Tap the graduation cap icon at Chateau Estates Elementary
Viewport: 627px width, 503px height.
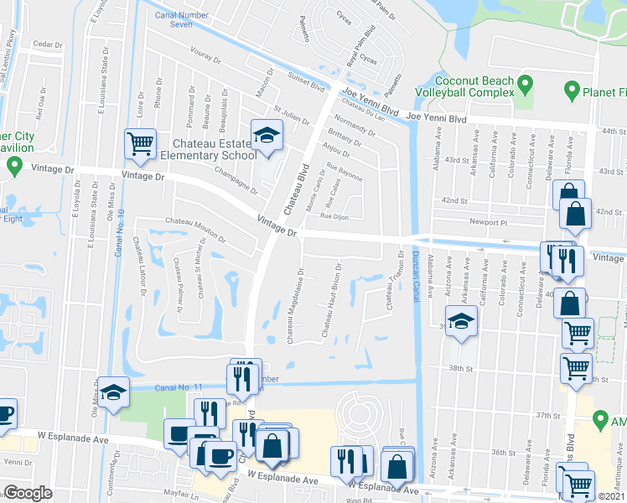pyautogui.click(x=267, y=136)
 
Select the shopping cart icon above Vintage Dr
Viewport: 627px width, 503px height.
pyautogui.click(x=139, y=143)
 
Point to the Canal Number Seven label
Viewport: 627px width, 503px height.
pyautogui.click(x=180, y=19)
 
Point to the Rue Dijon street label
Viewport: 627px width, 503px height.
pyautogui.click(x=333, y=216)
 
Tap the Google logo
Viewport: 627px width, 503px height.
pyautogui.click(x=28, y=493)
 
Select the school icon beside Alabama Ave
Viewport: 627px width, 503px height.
pyautogui.click(x=460, y=322)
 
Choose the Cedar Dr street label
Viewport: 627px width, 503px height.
pyautogui.click(x=47, y=44)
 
